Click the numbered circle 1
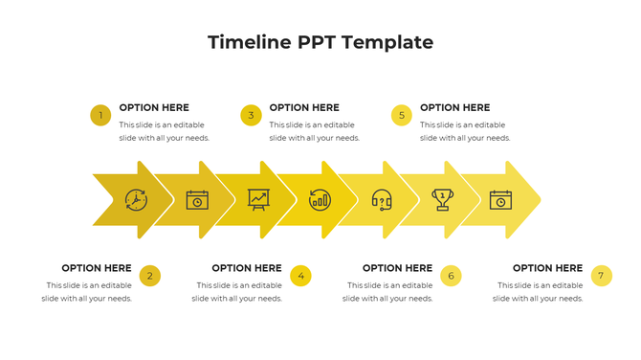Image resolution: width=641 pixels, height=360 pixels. coord(100,116)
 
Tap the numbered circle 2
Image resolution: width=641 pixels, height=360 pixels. coord(149,276)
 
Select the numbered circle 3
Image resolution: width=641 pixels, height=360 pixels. coord(251,116)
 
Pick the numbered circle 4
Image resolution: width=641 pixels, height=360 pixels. coord(300,276)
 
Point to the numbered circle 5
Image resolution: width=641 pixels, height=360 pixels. coord(402,116)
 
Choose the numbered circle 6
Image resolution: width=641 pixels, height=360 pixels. coord(451,276)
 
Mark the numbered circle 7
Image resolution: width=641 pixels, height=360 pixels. coord(601,276)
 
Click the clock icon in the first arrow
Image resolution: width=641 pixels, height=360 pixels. coord(136,200)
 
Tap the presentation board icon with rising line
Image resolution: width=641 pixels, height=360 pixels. coord(258,199)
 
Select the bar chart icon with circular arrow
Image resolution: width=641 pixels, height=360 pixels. coord(320,200)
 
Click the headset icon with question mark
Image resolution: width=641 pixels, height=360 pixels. coord(381,200)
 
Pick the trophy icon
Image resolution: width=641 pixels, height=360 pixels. coord(442,199)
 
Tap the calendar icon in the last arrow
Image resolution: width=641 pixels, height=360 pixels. coord(501,200)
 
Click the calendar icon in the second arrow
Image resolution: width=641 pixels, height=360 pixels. coord(197,200)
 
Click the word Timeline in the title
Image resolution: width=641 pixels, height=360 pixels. coord(249,42)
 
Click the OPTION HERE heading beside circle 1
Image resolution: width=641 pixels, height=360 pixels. coord(154,108)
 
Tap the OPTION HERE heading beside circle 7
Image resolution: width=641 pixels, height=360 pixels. coord(547,268)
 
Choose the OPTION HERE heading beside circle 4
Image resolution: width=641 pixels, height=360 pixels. coord(247,268)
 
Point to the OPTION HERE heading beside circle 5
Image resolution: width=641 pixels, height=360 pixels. coord(454,108)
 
